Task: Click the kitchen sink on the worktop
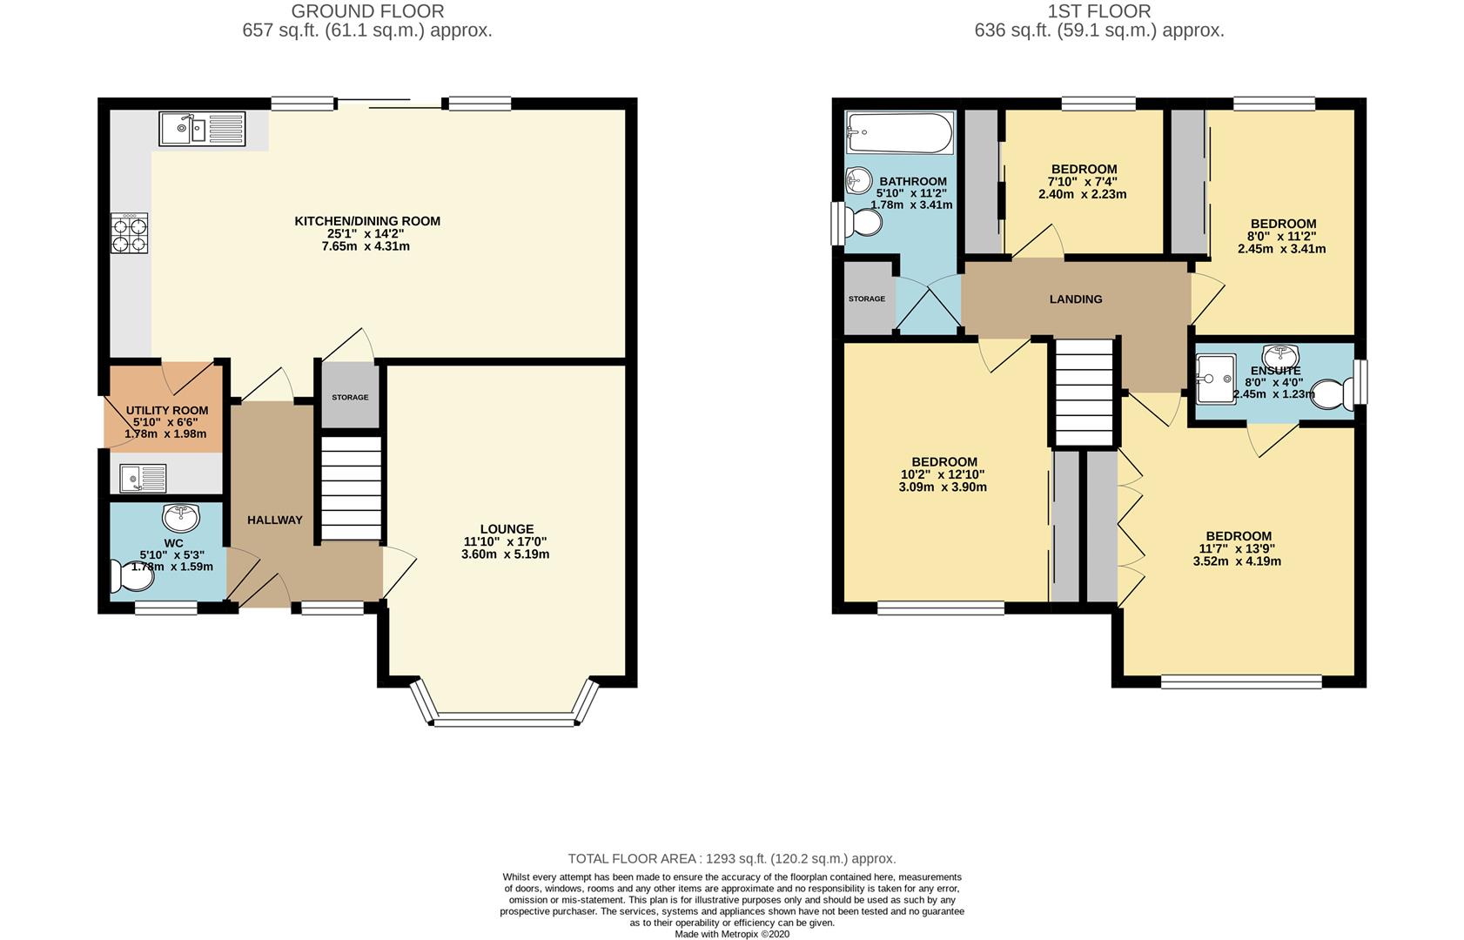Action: click(x=202, y=129)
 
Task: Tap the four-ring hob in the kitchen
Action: click(x=129, y=233)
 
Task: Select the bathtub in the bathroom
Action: click(x=899, y=132)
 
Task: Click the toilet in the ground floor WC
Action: click(x=132, y=575)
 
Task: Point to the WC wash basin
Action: click(x=181, y=519)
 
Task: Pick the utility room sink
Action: click(x=143, y=479)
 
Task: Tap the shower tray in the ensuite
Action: click(x=1216, y=379)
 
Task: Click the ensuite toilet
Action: click(x=1332, y=394)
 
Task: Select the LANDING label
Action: click(x=1076, y=299)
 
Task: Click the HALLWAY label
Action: click(x=274, y=520)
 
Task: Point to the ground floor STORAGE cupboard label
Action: click(x=350, y=398)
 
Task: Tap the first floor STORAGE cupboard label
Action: click(x=867, y=299)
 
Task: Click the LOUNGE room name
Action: click(x=507, y=529)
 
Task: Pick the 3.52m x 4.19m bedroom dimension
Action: click(x=1237, y=561)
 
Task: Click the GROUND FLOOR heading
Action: click(x=367, y=11)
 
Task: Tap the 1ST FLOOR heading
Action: click(x=1099, y=11)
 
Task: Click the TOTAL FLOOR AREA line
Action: click(x=732, y=858)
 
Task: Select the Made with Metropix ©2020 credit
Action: click(x=732, y=934)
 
